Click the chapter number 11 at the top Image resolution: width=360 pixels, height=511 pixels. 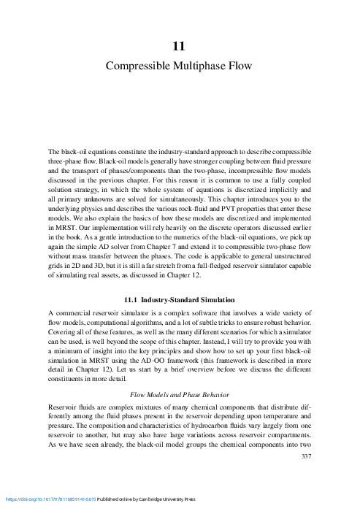(179, 47)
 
